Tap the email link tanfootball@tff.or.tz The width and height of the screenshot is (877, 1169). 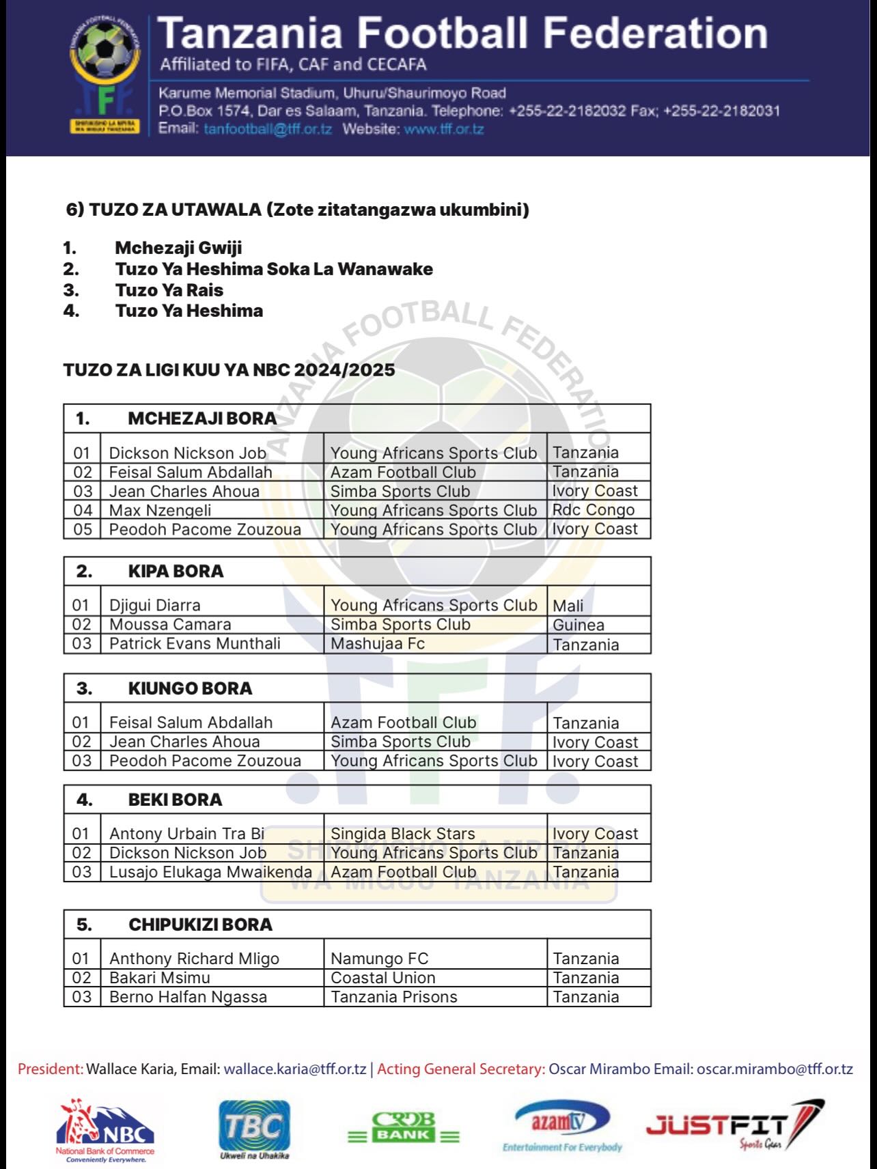tap(268, 128)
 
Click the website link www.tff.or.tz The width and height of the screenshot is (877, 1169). tap(443, 128)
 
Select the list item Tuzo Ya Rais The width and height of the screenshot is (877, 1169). tap(169, 290)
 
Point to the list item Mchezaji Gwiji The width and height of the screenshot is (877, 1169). tap(178, 248)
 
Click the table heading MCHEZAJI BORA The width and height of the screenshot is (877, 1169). tap(202, 419)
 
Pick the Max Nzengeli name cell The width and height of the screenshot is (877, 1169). tap(160, 510)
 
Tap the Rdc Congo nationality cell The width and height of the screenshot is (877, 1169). tap(593, 510)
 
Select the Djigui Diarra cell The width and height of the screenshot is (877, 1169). tap(155, 605)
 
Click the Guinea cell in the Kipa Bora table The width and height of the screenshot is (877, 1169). tap(579, 625)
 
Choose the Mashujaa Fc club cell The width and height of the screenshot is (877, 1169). tap(378, 644)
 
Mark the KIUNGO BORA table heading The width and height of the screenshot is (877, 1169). tap(190, 688)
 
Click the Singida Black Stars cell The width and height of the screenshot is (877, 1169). tap(402, 834)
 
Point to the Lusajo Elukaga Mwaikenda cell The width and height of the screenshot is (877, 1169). tap(210, 872)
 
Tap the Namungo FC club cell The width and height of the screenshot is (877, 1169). tap(379, 959)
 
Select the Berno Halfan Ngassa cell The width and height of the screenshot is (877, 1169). tap(188, 997)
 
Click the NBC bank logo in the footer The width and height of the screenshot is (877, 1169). tap(105, 1130)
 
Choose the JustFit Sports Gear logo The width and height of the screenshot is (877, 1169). tap(734, 1126)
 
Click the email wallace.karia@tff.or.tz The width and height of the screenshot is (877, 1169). tap(295, 1069)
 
